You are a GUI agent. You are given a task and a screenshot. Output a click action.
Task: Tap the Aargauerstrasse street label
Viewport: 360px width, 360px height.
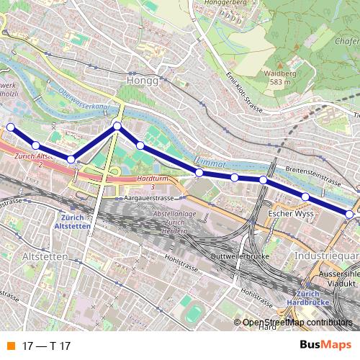(150, 197)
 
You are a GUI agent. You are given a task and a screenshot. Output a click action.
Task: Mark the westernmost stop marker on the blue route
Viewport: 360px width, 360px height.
(10, 127)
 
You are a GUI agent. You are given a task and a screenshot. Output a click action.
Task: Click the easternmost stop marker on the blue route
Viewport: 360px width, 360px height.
(349, 214)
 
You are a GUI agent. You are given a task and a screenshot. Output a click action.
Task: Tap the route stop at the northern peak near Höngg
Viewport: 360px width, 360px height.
(117, 127)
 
